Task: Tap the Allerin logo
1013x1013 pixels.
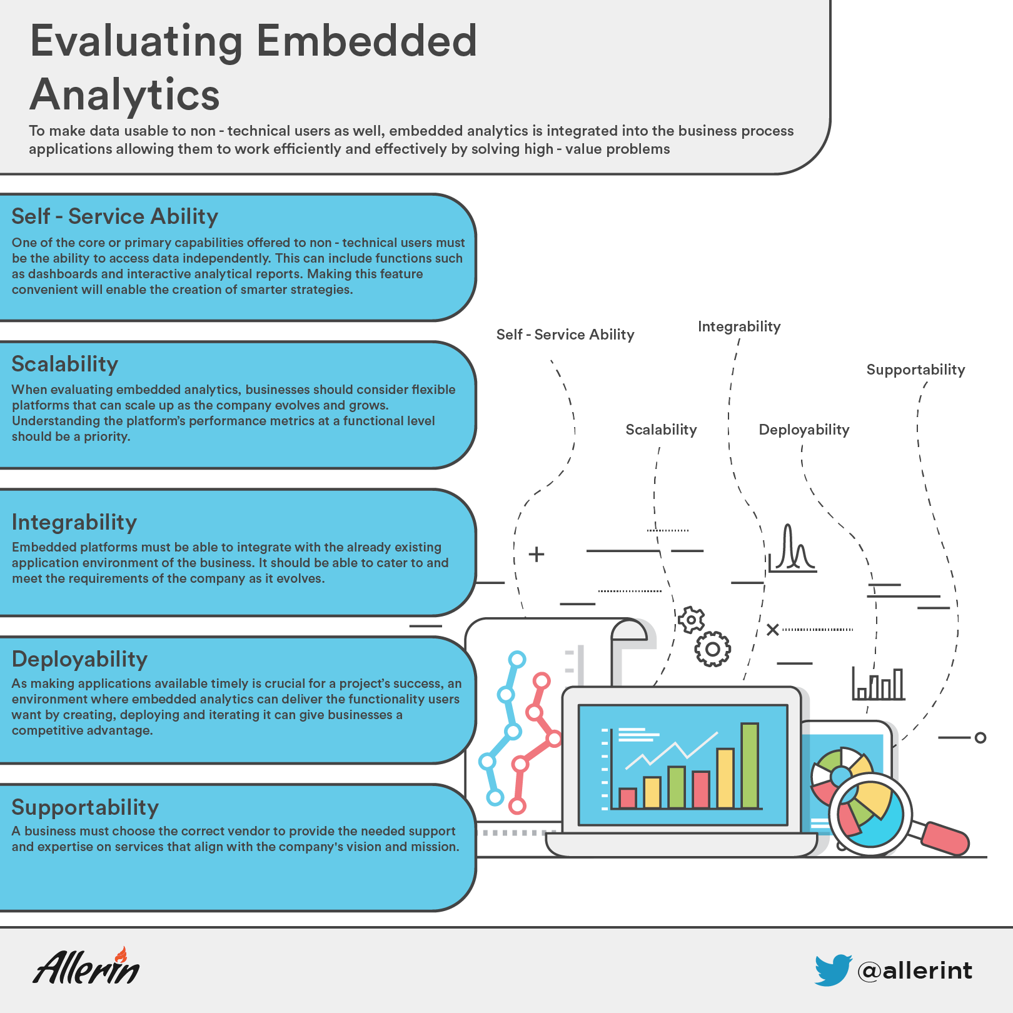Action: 87,965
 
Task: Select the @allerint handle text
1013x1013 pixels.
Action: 915,970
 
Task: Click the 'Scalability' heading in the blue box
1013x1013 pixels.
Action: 65,364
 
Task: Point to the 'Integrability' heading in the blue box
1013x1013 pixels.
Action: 74,522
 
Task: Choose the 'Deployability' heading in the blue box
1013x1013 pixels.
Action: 79,659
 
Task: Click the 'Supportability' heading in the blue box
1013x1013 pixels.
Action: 85,807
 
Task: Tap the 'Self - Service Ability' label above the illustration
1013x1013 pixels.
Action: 565,335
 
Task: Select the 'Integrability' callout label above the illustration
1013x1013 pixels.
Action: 739,326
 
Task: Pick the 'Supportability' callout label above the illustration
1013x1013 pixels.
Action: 915,370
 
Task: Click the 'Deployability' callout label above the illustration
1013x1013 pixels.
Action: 804,430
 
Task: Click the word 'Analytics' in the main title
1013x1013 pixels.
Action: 125,95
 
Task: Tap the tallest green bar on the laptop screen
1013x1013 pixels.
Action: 750,765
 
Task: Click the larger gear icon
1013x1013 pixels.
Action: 712,649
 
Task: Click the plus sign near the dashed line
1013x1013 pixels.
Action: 537,554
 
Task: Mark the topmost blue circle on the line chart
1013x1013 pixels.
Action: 517,659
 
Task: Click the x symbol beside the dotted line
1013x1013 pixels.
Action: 773,629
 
